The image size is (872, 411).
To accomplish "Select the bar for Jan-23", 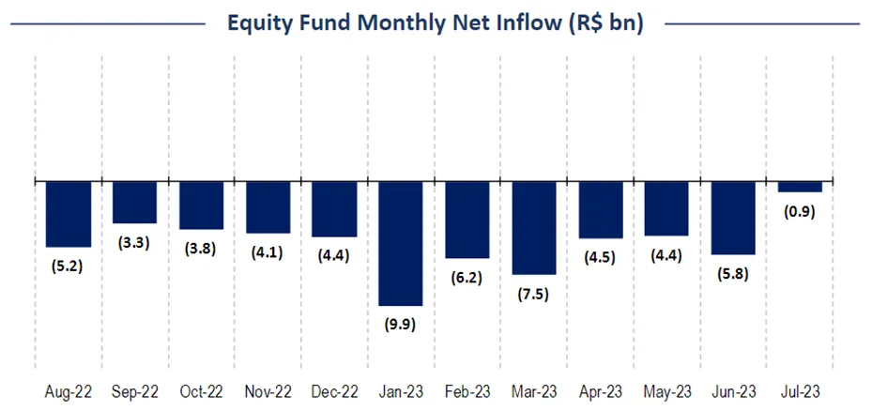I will pyautogui.click(x=400, y=243).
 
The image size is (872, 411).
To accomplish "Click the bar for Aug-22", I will pyautogui.click(x=69, y=213).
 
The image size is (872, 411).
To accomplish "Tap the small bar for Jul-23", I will pyautogui.click(x=800, y=187).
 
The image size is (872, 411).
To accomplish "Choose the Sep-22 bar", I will pyautogui.click(x=134, y=202).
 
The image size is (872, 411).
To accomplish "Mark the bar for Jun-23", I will pyautogui.click(x=733, y=218).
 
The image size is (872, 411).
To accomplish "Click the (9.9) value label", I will pyautogui.click(x=400, y=325).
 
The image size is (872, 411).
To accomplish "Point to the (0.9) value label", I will pyautogui.click(x=799, y=211).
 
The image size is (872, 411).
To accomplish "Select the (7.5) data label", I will pyautogui.click(x=533, y=294).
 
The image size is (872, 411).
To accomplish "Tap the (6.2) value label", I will pyautogui.click(x=467, y=278).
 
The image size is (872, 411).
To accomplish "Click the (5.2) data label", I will pyautogui.click(x=69, y=266).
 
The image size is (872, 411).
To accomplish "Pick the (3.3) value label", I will pyautogui.click(x=134, y=242).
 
